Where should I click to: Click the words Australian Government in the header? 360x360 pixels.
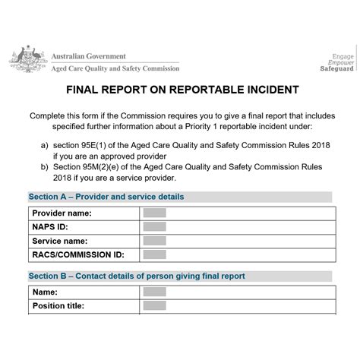coord(89,56)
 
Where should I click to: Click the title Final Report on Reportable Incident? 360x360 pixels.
coord(179,90)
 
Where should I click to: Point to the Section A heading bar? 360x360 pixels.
coord(180,197)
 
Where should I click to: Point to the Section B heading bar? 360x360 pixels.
coord(180,276)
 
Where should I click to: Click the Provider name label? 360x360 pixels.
coord(62,213)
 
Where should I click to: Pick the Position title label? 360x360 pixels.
coord(58,306)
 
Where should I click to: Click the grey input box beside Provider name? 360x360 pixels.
coord(154,213)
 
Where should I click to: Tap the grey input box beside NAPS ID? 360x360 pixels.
coord(154,227)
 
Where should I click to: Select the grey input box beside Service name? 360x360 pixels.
coord(154,241)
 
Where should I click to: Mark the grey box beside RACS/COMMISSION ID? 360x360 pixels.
coord(154,254)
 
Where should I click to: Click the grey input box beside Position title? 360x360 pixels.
coord(154,305)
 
